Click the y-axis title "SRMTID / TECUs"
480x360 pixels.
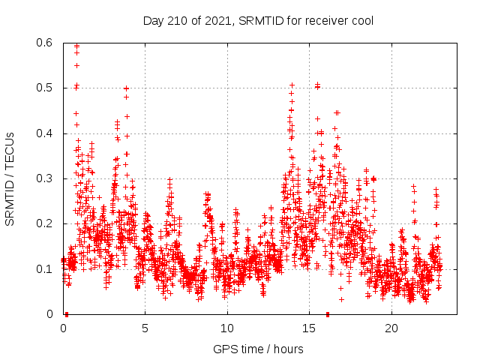pos(10,179)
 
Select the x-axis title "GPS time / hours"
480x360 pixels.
pos(258,349)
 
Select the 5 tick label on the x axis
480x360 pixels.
pos(145,328)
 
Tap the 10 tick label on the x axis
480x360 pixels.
pos(227,328)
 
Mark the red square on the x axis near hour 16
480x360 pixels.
pos(328,314)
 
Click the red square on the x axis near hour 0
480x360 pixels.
pos(67,314)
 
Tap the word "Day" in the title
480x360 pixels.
pos(153,20)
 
